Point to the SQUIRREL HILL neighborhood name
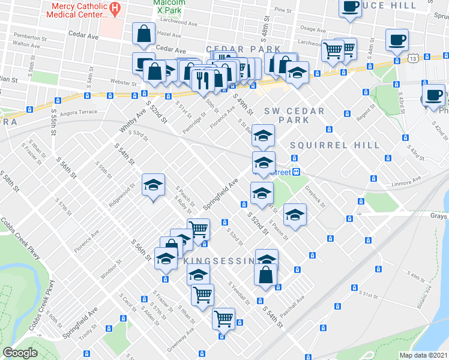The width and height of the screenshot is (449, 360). [x=335, y=145]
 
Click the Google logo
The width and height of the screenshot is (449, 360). [x=20, y=353]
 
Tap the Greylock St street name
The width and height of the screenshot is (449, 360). [x=315, y=196]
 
